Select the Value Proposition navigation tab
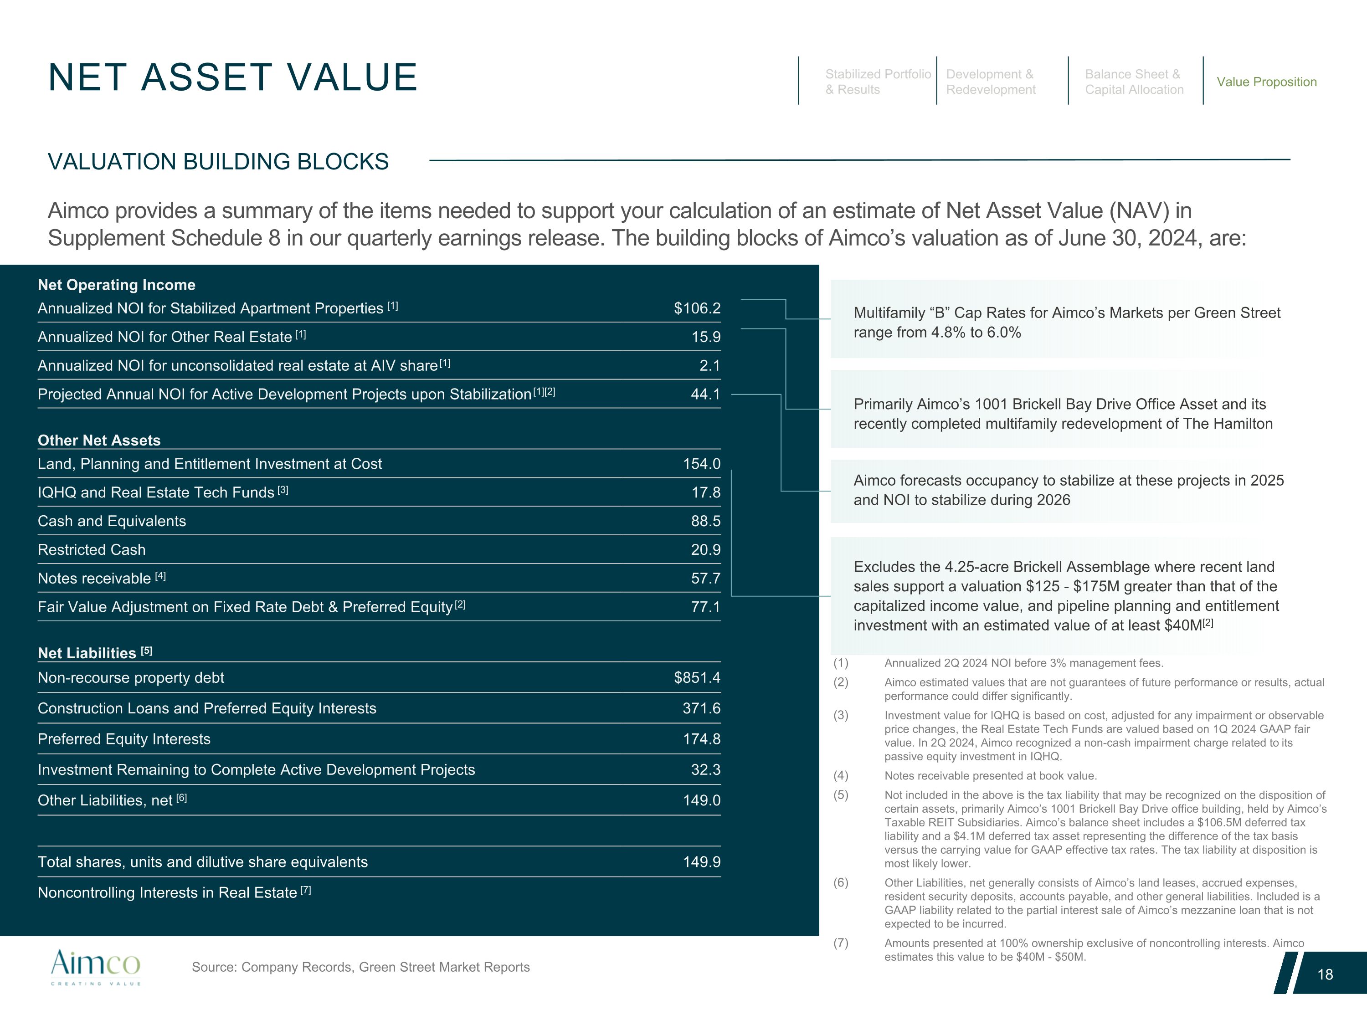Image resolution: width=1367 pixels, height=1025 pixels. pyautogui.click(x=1266, y=82)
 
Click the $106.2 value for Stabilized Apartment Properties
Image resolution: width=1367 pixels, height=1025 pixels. pyautogui.click(x=697, y=308)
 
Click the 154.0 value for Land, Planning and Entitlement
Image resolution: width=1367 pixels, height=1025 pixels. pyautogui.click(x=701, y=464)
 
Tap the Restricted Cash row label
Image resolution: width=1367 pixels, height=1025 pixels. pyautogui.click(x=92, y=550)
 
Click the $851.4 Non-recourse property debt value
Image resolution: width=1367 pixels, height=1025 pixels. pyautogui.click(x=697, y=678)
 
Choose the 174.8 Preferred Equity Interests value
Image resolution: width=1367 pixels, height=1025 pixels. pyautogui.click(x=701, y=739)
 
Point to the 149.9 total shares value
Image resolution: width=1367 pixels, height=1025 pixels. pyautogui.click(x=701, y=862)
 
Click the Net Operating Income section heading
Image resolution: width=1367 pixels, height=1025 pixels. pyautogui.click(x=116, y=285)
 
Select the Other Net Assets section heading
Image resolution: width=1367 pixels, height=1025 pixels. pyautogui.click(x=99, y=441)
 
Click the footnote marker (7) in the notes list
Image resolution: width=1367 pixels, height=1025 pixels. pyautogui.click(x=840, y=943)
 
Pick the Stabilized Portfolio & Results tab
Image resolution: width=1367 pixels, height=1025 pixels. pyautogui.click(x=878, y=82)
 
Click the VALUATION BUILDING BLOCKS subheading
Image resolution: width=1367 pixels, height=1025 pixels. pyautogui.click(x=218, y=162)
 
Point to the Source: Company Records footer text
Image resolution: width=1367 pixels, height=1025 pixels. pyautogui.click(x=360, y=967)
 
